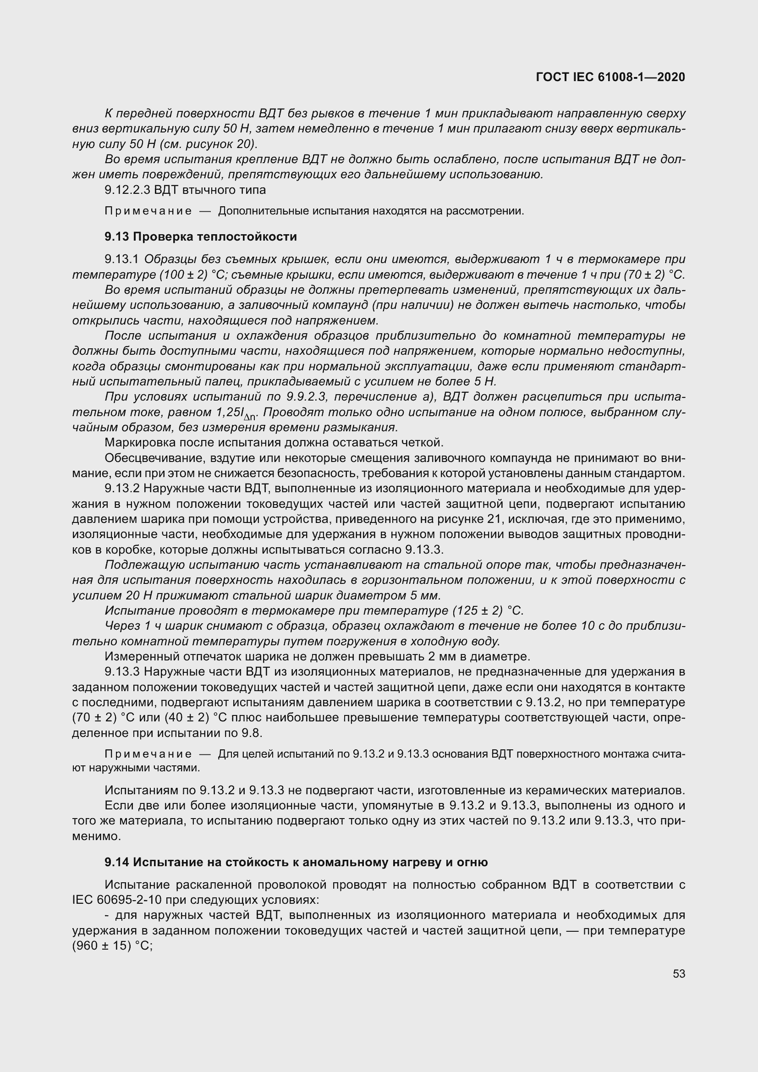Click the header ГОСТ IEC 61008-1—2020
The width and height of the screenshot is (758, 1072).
coord(610,77)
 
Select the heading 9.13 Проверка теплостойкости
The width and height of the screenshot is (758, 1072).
coord(201,236)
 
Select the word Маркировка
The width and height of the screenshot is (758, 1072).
coord(140,442)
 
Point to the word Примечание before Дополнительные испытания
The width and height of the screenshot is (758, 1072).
coord(148,211)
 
